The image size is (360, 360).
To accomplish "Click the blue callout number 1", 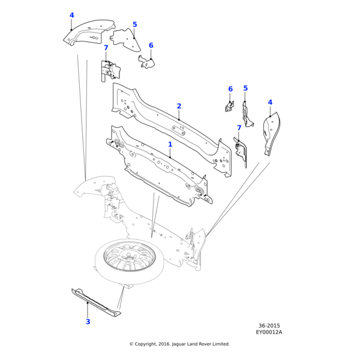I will (x=170, y=145).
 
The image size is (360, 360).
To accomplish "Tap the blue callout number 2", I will (x=179, y=106).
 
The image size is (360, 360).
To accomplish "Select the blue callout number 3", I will (x=88, y=322).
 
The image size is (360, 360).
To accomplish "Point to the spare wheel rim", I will (x=129, y=259).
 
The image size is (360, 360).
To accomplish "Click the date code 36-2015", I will (x=269, y=326).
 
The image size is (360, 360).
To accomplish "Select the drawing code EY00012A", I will (x=269, y=332).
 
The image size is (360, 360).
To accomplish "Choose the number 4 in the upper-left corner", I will (x=71, y=16).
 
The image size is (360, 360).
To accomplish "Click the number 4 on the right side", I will (x=270, y=103).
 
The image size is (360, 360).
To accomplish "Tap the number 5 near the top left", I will (x=134, y=25).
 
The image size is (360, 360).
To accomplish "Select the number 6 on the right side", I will (x=230, y=89).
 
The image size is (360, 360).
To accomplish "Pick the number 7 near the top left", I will (x=106, y=48).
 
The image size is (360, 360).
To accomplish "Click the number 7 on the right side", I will (x=239, y=128).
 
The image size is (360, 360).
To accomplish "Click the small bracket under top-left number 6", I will (x=146, y=62).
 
